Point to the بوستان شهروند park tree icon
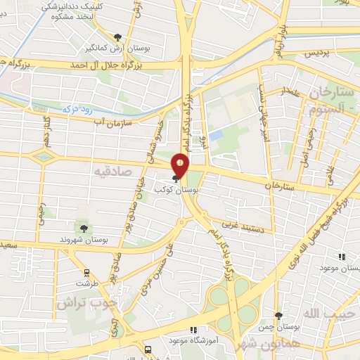point(84,228)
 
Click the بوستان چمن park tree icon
point(278,316)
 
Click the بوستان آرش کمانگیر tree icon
point(117,37)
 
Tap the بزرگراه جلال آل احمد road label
point(105,64)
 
